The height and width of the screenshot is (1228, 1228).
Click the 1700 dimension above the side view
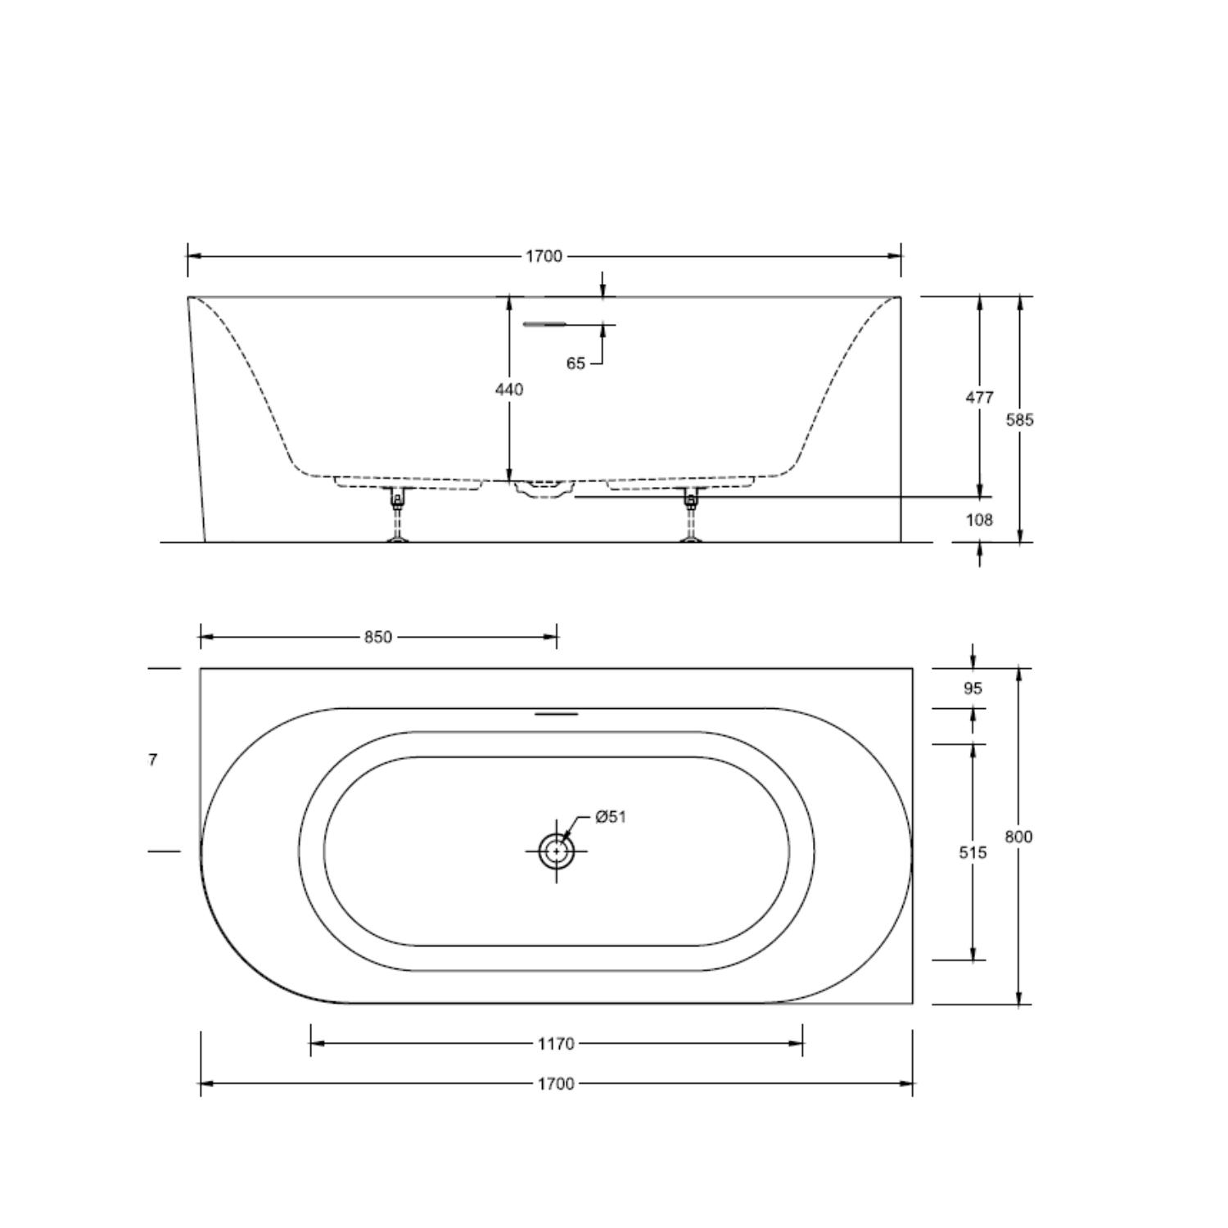[x=544, y=256]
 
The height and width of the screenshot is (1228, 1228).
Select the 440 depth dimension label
[x=509, y=390]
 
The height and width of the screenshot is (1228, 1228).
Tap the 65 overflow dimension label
[x=576, y=363]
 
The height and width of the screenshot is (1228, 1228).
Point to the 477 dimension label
[x=979, y=397]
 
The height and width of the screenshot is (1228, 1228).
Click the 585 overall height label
[x=1020, y=420]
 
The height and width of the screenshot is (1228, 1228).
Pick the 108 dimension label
[x=979, y=520]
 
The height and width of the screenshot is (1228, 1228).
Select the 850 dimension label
[x=378, y=637]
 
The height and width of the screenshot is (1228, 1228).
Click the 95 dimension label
[x=973, y=688]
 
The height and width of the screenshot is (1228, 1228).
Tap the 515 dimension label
[x=973, y=853]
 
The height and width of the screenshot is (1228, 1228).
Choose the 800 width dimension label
[x=1018, y=837]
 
